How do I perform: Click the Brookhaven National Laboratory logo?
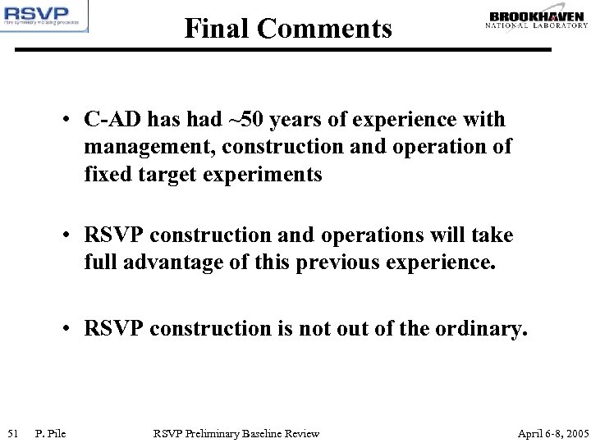click(537, 19)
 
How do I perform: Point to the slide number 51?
click(12, 432)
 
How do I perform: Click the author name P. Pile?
click(51, 432)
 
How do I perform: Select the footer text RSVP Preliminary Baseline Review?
click(236, 432)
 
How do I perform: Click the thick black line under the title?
click(295, 50)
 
